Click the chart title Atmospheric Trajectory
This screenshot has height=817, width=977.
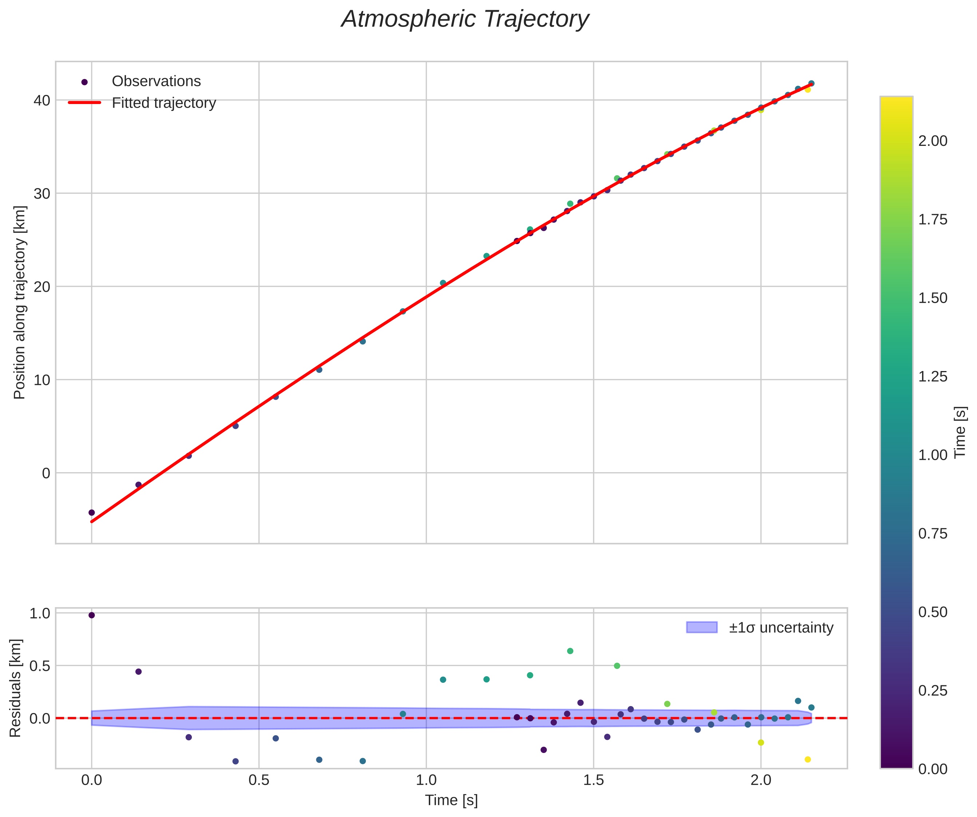pos(465,20)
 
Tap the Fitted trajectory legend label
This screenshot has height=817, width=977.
pos(164,103)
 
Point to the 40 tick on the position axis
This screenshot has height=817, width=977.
pos(42,100)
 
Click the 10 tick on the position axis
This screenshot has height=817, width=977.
pos(42,380)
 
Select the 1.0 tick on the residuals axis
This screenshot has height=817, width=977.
pos(40,613)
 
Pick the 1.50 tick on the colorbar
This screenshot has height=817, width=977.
pos(932,298)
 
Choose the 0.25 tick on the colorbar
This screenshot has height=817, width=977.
pos(932,690)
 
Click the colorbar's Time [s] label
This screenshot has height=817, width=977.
pos(960,433)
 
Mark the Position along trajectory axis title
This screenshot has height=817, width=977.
pos(20,302)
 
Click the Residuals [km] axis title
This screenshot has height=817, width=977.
pos(15,689)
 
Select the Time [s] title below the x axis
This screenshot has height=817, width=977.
pos(451,800)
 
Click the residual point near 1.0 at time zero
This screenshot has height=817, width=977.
pos(92,615)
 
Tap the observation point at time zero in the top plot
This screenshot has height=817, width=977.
pos(92,513)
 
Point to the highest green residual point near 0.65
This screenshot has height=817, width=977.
pos(570,651)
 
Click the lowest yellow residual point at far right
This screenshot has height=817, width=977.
pos(808,759)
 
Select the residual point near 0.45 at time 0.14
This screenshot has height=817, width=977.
pos(138,671)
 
